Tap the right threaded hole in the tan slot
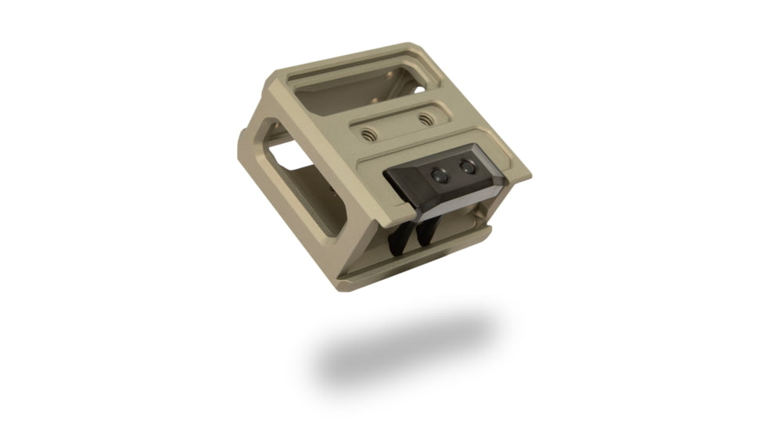click(x=426, y=120)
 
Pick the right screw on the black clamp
click(x=467, y=166)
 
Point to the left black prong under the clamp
click(x=397, y=238)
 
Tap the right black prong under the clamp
click(x=427, y=231)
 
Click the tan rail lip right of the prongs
click(x=477, y=235)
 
